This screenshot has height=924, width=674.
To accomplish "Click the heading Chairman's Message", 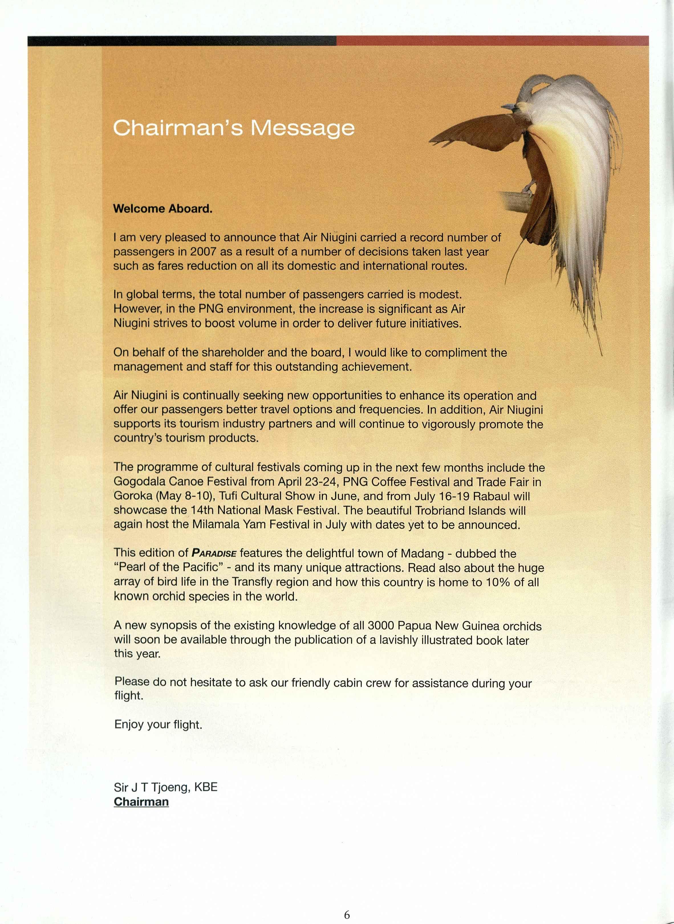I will coord(234,128).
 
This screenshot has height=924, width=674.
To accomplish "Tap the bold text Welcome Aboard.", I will coord(163,209).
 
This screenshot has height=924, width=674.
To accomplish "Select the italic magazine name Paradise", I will coord(214,553).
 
